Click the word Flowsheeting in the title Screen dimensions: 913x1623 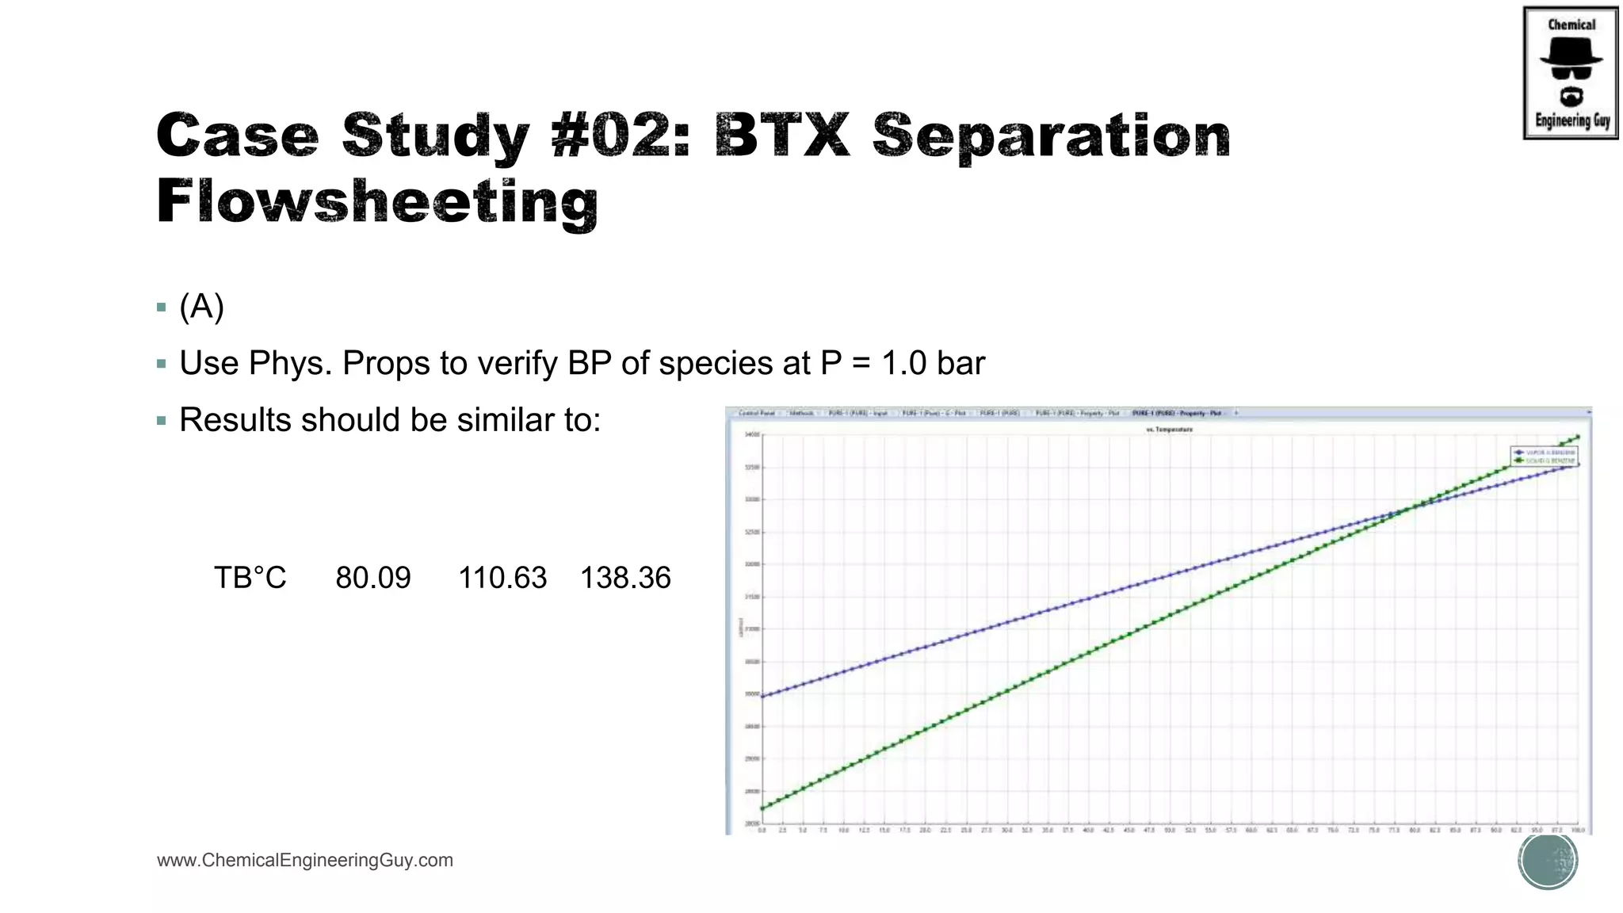coord(377,201)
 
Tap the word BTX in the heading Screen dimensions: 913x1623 coord(781,135)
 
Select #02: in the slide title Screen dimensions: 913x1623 coord(621,135)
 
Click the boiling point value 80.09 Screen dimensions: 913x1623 coord(373,578)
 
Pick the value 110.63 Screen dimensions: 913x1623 coord(502,578)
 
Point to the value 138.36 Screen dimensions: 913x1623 coord(625,578)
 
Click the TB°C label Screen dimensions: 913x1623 coord(250,578)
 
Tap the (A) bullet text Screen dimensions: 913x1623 coord(201,307)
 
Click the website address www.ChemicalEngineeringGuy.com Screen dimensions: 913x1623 coord(305,861)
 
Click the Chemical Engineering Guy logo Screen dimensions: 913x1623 coord(1570,73)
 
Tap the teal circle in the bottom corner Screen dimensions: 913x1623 coord(1548,861)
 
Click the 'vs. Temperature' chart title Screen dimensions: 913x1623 coord(1170,430)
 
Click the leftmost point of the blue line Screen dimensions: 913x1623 coord(762,696)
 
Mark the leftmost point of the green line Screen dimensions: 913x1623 coord(762,808)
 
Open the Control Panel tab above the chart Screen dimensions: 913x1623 coord(756,413)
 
